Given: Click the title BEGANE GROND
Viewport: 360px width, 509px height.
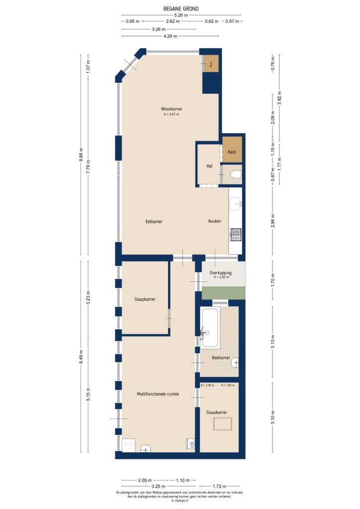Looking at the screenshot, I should click(x=180, y=8).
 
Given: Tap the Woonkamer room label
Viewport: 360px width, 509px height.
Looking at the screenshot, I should click(x=171, y=109).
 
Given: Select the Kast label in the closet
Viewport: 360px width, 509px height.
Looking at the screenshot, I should click(x=232, y=152).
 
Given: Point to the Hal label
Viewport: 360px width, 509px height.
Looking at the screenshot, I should click(x=210, y=166).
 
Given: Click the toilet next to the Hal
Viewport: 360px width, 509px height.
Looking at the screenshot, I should click(x=236, y=174).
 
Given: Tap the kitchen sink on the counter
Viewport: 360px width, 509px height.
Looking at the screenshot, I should click(x=236, y=203).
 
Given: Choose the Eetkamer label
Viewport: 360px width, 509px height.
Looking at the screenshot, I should click(x=154, y=222).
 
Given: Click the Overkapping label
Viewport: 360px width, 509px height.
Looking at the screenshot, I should click(x=220, y=273).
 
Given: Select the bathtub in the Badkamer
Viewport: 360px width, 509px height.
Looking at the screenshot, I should click(x=211, y=327).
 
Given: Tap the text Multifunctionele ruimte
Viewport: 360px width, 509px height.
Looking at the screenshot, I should click(x=158, y=394).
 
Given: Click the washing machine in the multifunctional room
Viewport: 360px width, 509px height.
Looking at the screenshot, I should click(x=128, y=444).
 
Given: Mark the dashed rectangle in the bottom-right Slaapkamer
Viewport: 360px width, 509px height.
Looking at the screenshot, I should click(x=223, y=424).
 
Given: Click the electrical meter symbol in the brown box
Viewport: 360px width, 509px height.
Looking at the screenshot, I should click(x=212, y=63).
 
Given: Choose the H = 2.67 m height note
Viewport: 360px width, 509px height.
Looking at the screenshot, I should click(x=171, y=114).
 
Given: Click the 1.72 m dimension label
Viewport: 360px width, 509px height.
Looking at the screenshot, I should click(x=218, y=486).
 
